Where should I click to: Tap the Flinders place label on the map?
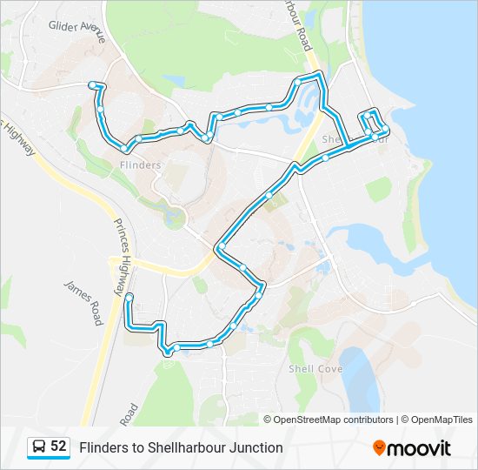point(140,164)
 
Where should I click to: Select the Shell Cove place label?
point(315,369)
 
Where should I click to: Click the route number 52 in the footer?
point(58,446)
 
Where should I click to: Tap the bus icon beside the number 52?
point(40,447)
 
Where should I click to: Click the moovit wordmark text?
point(420,448)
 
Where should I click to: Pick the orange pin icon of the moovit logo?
point(379,448)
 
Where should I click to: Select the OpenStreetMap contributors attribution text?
point(334,420)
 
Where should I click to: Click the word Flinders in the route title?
point(102,447)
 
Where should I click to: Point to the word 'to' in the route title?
point(134,447)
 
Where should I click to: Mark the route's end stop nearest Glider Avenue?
point(91,84)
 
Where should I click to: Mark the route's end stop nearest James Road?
point(129,298)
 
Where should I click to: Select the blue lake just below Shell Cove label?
point(359,383)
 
